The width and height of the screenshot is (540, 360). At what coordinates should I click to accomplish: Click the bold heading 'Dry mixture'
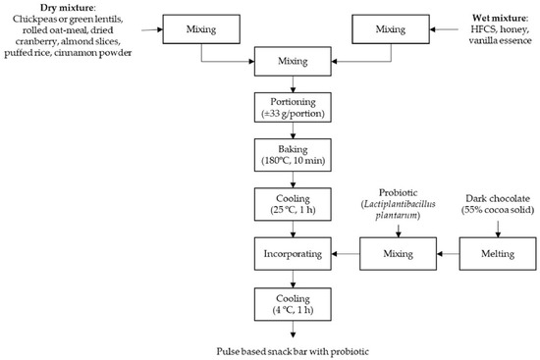pyautogui.click(x=32, y=8)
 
